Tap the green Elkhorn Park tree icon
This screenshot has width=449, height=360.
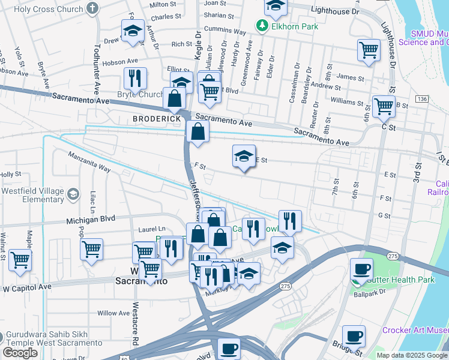[x=261, y=26]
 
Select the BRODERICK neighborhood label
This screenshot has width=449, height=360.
[x=157, y=119]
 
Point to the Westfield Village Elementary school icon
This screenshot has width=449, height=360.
[x=73, y=194]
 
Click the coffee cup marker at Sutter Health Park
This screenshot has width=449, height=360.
[x=361, y=269]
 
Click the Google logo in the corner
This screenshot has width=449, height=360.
[x=20, y=353]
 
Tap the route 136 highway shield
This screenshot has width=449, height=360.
[x=421, y=98]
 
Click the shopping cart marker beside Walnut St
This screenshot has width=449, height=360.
[x=20, y=261]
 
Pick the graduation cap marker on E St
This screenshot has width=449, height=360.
[x=244, y=157]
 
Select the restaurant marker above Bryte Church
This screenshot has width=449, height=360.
[x=135, y=78]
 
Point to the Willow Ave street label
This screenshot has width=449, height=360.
[x=113, y=313]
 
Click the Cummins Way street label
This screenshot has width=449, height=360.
[x=225, y=32]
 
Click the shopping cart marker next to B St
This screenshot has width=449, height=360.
[x=384, y=107]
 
